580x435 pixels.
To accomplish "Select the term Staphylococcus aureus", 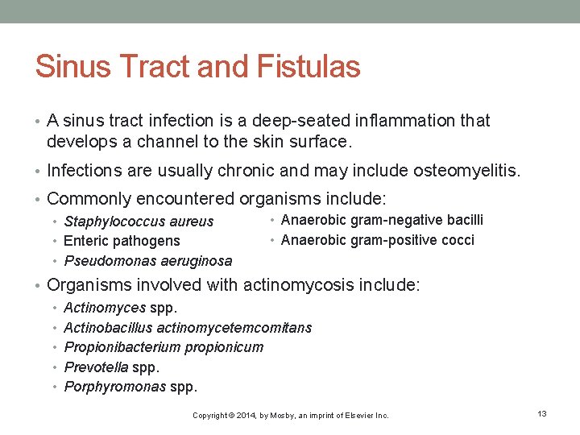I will [139, 222].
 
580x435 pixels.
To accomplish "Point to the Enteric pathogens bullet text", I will [122, 241].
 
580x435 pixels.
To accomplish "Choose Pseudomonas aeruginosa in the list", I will [147, 260].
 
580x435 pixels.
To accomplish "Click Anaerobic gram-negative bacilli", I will [382, 220].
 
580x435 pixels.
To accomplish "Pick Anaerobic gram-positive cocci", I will [377, 239].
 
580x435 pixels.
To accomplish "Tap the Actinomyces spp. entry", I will [120, 308].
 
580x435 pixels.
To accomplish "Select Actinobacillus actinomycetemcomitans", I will [187, 328].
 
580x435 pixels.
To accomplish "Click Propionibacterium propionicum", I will [164, 347].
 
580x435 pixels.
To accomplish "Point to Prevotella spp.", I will [111, 367].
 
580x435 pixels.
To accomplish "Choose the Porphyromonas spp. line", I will [130, 387].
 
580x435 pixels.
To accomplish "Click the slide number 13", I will [542, 413].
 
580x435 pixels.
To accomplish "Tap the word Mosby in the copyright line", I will [278, 416].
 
